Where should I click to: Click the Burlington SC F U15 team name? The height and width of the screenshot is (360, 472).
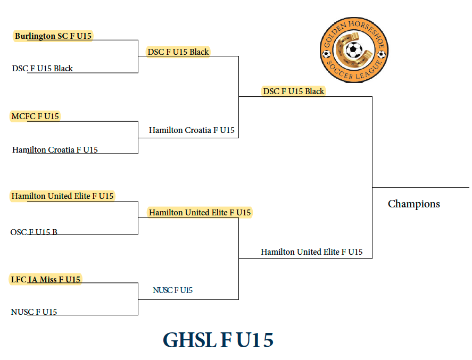tap(53, 36)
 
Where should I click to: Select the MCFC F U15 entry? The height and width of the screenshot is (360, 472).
tap(35, 116)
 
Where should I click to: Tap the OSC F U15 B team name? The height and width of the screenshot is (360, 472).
tap(34, 232)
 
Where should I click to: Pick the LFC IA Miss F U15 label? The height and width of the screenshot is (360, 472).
tap(45, 280)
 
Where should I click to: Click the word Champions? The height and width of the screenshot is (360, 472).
tap(413, 204)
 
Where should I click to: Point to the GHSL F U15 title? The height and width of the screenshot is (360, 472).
tap(218, 340)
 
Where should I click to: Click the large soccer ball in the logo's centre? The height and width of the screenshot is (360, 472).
tap(354, 50)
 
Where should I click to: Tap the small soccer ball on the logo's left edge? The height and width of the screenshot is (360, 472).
tap(326, 54)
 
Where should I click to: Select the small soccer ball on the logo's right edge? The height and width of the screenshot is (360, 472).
tap(382, 54)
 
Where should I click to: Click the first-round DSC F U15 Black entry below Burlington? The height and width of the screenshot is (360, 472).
tap(43, 69)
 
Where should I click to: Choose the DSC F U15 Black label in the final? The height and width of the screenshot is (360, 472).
tap(294, 91)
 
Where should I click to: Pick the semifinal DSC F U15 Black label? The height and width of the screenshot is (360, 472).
tap(178, 52)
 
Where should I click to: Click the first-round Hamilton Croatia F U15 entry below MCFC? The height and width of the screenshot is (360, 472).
tap(55, 150)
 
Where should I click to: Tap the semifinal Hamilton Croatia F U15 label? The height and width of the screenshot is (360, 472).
tap(192, 130)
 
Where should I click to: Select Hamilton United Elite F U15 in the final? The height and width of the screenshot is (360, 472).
tap(311, 252)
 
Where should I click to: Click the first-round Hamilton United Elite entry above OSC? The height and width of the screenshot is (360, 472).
tap(62, 196)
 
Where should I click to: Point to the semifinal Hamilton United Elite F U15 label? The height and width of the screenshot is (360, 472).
tap(200, 213)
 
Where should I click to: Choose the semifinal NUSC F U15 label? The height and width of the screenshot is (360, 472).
tap(172, 290)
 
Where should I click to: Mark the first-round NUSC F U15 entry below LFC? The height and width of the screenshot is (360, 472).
tap(34, 312)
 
